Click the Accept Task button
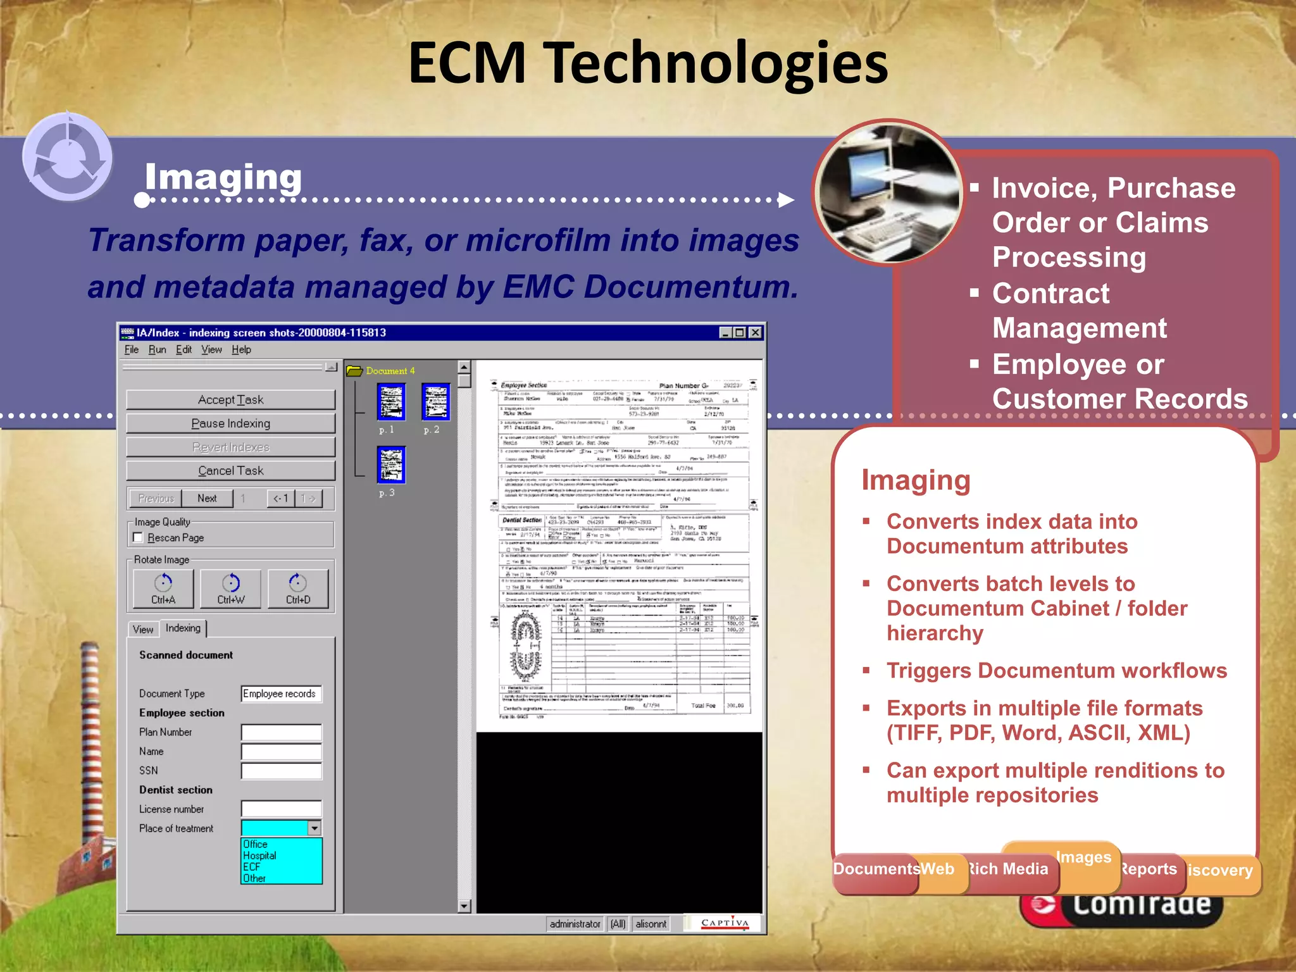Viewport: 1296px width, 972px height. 230,400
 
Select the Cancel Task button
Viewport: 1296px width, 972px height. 230,471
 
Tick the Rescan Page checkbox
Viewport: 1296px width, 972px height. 139,538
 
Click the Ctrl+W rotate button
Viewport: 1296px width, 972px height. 230,589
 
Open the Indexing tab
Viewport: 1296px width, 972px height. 183,628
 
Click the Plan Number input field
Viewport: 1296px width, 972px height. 281,733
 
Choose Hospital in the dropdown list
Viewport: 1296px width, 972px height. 260,856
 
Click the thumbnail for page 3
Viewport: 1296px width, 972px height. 391,464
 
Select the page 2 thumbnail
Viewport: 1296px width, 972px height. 435,401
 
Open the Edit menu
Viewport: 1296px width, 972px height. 184,350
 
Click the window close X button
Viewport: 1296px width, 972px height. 755,333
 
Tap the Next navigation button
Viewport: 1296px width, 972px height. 207,499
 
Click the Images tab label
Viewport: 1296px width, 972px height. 1083,857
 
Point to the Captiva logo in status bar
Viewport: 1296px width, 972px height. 725,924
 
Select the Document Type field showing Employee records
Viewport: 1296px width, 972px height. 281,694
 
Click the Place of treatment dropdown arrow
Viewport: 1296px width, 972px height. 315,828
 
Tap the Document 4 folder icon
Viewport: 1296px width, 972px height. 354,371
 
